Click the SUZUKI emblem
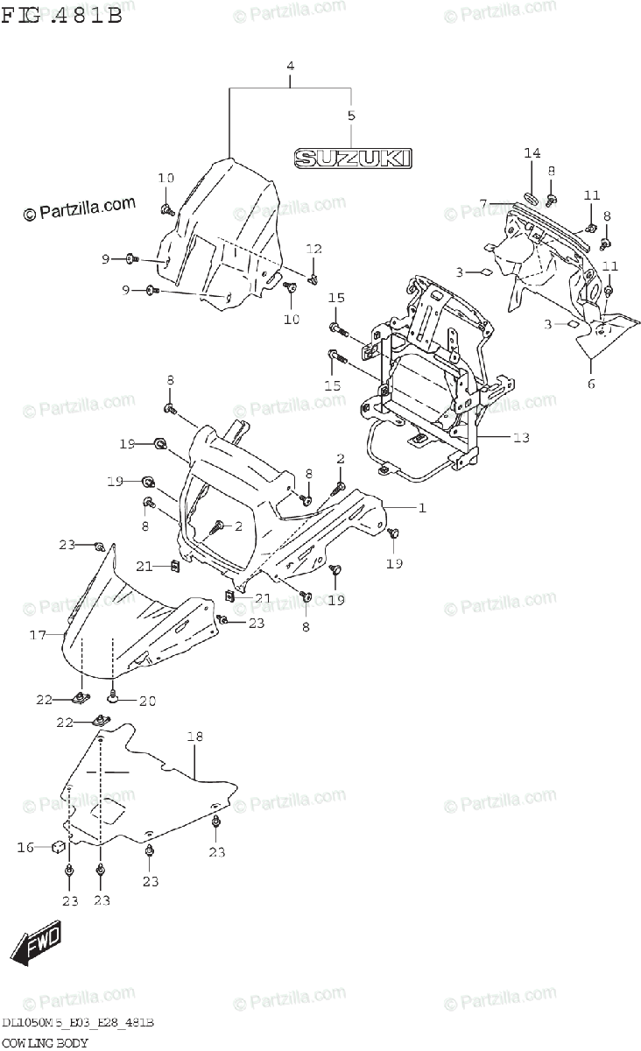coord(352,158)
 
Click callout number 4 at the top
coord(290,67)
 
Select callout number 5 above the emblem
coord(351,116)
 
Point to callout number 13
coord(521,437)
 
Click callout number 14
coord(532,154)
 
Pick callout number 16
coord(26,847)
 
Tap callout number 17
coord(37,635)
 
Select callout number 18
coord(194,737)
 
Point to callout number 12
coord(313,249)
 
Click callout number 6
coord(590,384)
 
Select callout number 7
coord(483,204)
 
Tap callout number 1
coord(420,507)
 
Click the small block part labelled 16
coord(58,847)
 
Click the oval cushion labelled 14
coord(532,195)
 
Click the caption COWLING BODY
coord(45,1041)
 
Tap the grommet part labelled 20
coord(114,698)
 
